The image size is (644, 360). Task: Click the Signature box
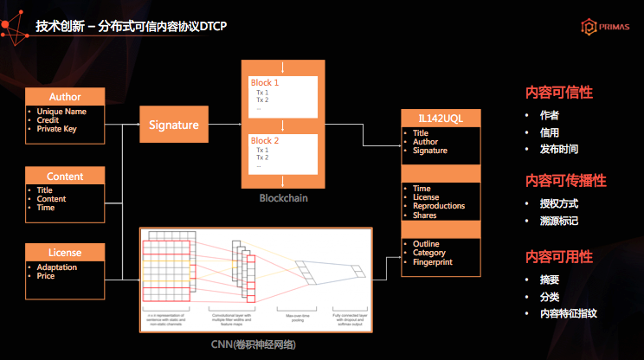[x=174, y=125]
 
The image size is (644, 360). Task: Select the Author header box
[x=65, y=97]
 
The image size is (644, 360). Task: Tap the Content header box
[x=65, y=177]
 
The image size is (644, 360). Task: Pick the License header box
[x=65, y=253]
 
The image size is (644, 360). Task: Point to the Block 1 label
[x=265, y=82]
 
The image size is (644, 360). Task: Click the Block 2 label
[x=265, y=141]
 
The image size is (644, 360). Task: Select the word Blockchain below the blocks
[x=283, y=198]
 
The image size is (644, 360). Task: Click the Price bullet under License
[x=46, y=276]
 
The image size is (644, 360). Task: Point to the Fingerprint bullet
[x=434, y=261]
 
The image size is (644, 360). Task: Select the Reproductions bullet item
[x=439, y=206]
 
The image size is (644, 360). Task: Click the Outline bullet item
[x=426, y=244]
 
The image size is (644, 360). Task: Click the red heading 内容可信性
[x=558, y=92]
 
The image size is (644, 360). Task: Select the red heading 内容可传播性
[x=565, y=181]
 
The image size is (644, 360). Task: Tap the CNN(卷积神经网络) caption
[x=255, y=344]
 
